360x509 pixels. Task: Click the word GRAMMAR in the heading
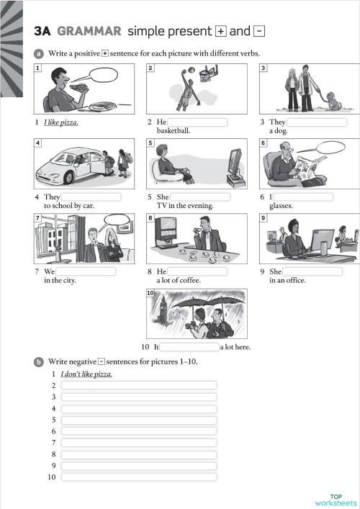click(x=89, y=31)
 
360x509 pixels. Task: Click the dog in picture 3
click(x=334, y=102)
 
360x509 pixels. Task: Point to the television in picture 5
click(x=235, y=168)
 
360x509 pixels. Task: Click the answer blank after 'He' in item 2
click(x=197, y=122)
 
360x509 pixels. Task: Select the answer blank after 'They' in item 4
click(x=91, y=197)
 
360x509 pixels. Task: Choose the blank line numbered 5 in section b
click(x=139, y=420)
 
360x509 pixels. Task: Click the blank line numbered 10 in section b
click(x=139, y=477)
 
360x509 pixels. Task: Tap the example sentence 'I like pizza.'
click(x=61, y=122)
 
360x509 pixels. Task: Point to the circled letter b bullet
click(x=38, y=362)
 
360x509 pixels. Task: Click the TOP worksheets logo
click(x=336, y=499)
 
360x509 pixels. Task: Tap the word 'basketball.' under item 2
click(x=174, y=131)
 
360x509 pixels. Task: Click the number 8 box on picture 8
click(x=150, y=217)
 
